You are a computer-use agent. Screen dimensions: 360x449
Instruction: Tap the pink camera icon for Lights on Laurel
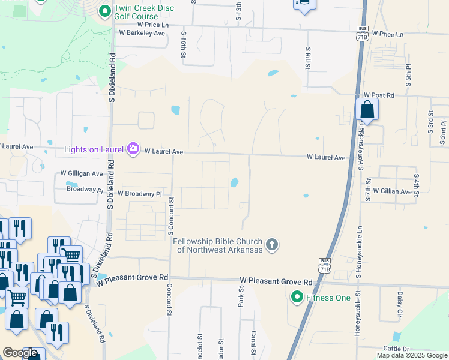[x=133, y=149]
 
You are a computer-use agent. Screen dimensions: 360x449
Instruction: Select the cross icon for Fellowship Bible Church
[x=272, y=244]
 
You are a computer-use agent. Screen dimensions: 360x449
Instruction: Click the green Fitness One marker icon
[x=297, y=297]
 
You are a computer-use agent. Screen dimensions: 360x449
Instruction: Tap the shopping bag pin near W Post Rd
[x=367, y=110]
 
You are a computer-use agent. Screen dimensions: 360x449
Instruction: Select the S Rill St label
[x=308, y=58]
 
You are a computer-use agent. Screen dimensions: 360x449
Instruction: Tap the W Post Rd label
[x=379, y=95]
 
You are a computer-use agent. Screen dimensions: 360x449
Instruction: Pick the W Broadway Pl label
[x=139, y=194]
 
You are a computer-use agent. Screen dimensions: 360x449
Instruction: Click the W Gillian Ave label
[x=392, y=191]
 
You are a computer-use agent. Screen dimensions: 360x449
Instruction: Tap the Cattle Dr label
[x=396, y=349]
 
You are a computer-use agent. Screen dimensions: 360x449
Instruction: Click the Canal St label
[x=255, y=342]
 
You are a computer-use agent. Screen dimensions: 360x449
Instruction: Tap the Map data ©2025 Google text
[x=411, y=355]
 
